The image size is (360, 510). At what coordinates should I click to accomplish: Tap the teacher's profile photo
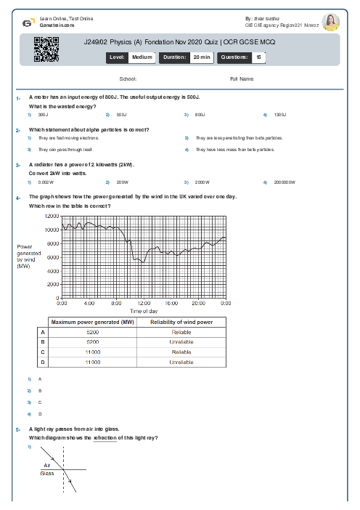pos(330,23)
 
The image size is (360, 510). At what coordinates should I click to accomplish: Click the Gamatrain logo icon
pos(27,23)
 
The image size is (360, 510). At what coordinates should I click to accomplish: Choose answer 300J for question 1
pos(43,115)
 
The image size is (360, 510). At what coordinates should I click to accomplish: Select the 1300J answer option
pos(280,115)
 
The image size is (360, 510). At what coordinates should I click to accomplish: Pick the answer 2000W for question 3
pos(202,182)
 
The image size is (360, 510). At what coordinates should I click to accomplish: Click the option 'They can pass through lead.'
pos(66,150)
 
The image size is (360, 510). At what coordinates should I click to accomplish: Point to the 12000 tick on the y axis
pos(52,216)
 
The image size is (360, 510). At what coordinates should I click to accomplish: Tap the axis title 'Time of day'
pos(144,310)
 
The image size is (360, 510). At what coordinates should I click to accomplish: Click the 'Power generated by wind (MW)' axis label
pos(29,256)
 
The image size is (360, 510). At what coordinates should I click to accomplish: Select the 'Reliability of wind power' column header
pos(181,321)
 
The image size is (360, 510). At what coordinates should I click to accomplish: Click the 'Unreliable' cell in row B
pos(181,341)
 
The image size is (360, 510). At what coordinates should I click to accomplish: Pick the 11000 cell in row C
pos(93,351)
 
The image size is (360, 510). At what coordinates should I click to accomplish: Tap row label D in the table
pos(42,361)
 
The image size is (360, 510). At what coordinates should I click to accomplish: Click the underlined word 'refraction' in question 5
pos(105,438)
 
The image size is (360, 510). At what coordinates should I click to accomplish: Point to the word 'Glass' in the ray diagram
pos(46,472)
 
